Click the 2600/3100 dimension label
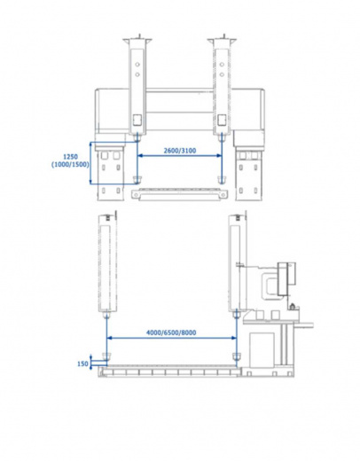(x=180, y=151)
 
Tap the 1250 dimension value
(x=71, y=157)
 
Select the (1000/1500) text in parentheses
(x=70, y=165)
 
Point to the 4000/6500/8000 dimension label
(x=171, y=332)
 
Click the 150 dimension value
(x=82, y=363)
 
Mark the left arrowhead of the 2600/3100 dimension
(x=140, y=156)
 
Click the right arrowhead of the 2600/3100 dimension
(x=219, y=156)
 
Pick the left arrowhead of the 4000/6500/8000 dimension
(x=109, y=338)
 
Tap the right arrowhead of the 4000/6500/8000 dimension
(x=233, y=338)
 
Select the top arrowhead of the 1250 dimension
(x=91, y=145)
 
